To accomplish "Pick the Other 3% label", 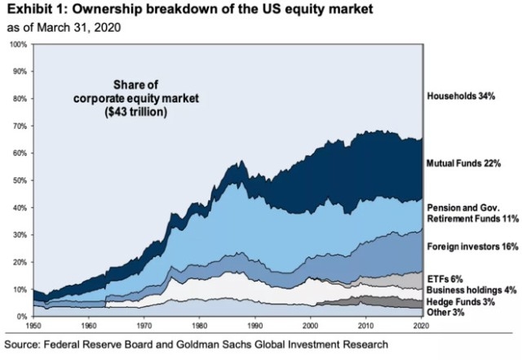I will coord(446,312).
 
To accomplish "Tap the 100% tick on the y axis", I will coord(17,43).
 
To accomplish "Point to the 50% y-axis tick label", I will coord(19,180).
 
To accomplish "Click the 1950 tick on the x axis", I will coord(33,324).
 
